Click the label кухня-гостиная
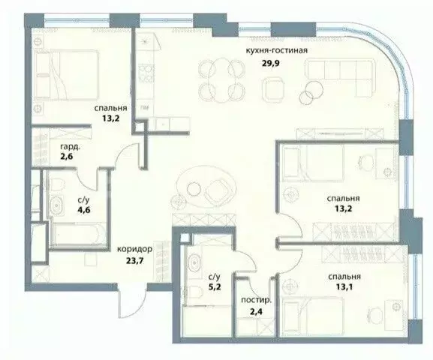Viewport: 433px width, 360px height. pos(277,50)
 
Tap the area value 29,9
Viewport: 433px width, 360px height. pos(271,64)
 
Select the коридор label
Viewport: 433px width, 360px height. pos(134,249)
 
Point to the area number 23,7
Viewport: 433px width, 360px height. pos(135,260)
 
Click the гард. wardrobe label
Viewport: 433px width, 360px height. pos(71,147)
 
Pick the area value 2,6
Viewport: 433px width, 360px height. pos(67,157)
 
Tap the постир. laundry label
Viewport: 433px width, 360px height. pos(257,301)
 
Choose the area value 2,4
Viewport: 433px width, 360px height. pos(255,312)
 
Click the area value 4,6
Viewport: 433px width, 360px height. pos(83,210)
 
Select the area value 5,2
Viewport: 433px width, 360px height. pos(215,287)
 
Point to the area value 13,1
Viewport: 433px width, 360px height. pos(344,287)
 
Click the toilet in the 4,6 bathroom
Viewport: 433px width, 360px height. pos(57,184)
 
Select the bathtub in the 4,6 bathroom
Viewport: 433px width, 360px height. pos(79,233)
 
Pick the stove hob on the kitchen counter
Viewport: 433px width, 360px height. pos(146,73)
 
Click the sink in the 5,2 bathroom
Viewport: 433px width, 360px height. pos(194,262)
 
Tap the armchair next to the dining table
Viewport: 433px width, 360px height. pos(272,89)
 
